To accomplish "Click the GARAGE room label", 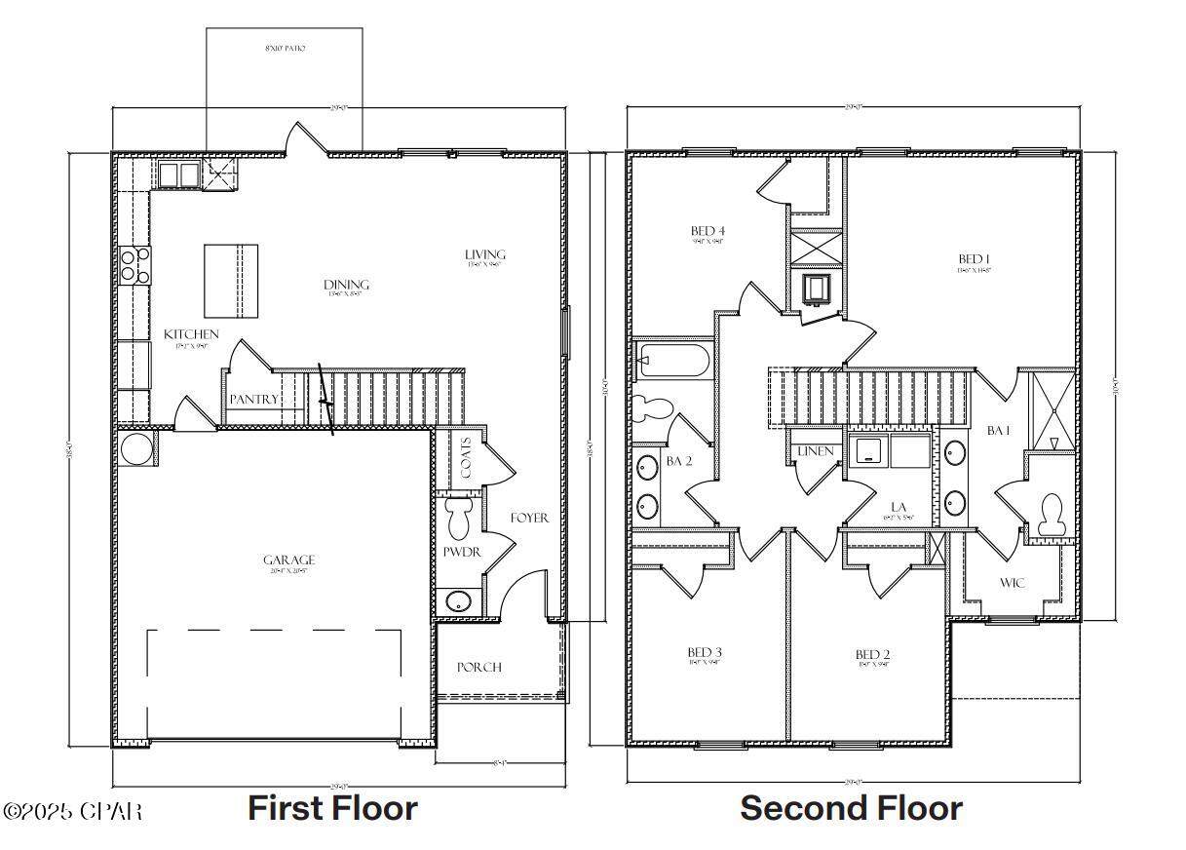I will (288, 560).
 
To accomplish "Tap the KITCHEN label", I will (191, 334).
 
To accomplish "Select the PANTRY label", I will (254, 400).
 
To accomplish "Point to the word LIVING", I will (485, 255).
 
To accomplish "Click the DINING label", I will (347, 285).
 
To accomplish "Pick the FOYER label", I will (530, 518).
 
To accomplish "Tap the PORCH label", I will (479, 667).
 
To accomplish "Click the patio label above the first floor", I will (286, 48).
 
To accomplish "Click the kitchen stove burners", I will (135, 265).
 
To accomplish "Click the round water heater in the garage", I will (136, 450).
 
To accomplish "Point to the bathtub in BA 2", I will (671, 362).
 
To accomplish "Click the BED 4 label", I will (707, 231).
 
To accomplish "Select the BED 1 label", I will (974, 259).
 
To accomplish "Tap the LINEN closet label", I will (814, 451).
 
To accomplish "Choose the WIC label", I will (1013, 583).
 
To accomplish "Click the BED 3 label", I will (705, 652).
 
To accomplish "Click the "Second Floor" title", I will (851, 808).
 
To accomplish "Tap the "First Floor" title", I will (332, 808).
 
